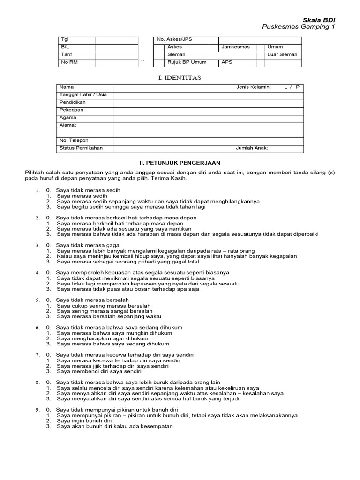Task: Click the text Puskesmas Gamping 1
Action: (299, 27)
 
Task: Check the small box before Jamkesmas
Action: (214, 47)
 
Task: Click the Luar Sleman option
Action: (282, 55)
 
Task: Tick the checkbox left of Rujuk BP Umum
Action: (160, 62)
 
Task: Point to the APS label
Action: (227, 62)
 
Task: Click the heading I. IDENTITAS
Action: (180, 78)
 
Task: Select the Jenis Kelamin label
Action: (253, 87)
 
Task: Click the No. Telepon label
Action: (74, 141)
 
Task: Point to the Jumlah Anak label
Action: (252, 148)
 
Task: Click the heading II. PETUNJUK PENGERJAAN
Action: (180, 162)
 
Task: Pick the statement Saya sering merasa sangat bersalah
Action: (105, 311)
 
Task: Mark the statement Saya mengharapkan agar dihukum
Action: (102, 338)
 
